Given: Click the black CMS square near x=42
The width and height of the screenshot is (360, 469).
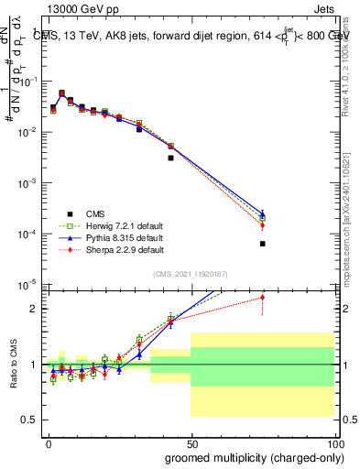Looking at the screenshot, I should pos(170,158).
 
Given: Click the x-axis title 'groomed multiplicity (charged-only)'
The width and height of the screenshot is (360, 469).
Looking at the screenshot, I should pos(248,456).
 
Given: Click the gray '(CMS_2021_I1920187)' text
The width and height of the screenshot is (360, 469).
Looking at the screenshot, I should pos(191,274).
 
